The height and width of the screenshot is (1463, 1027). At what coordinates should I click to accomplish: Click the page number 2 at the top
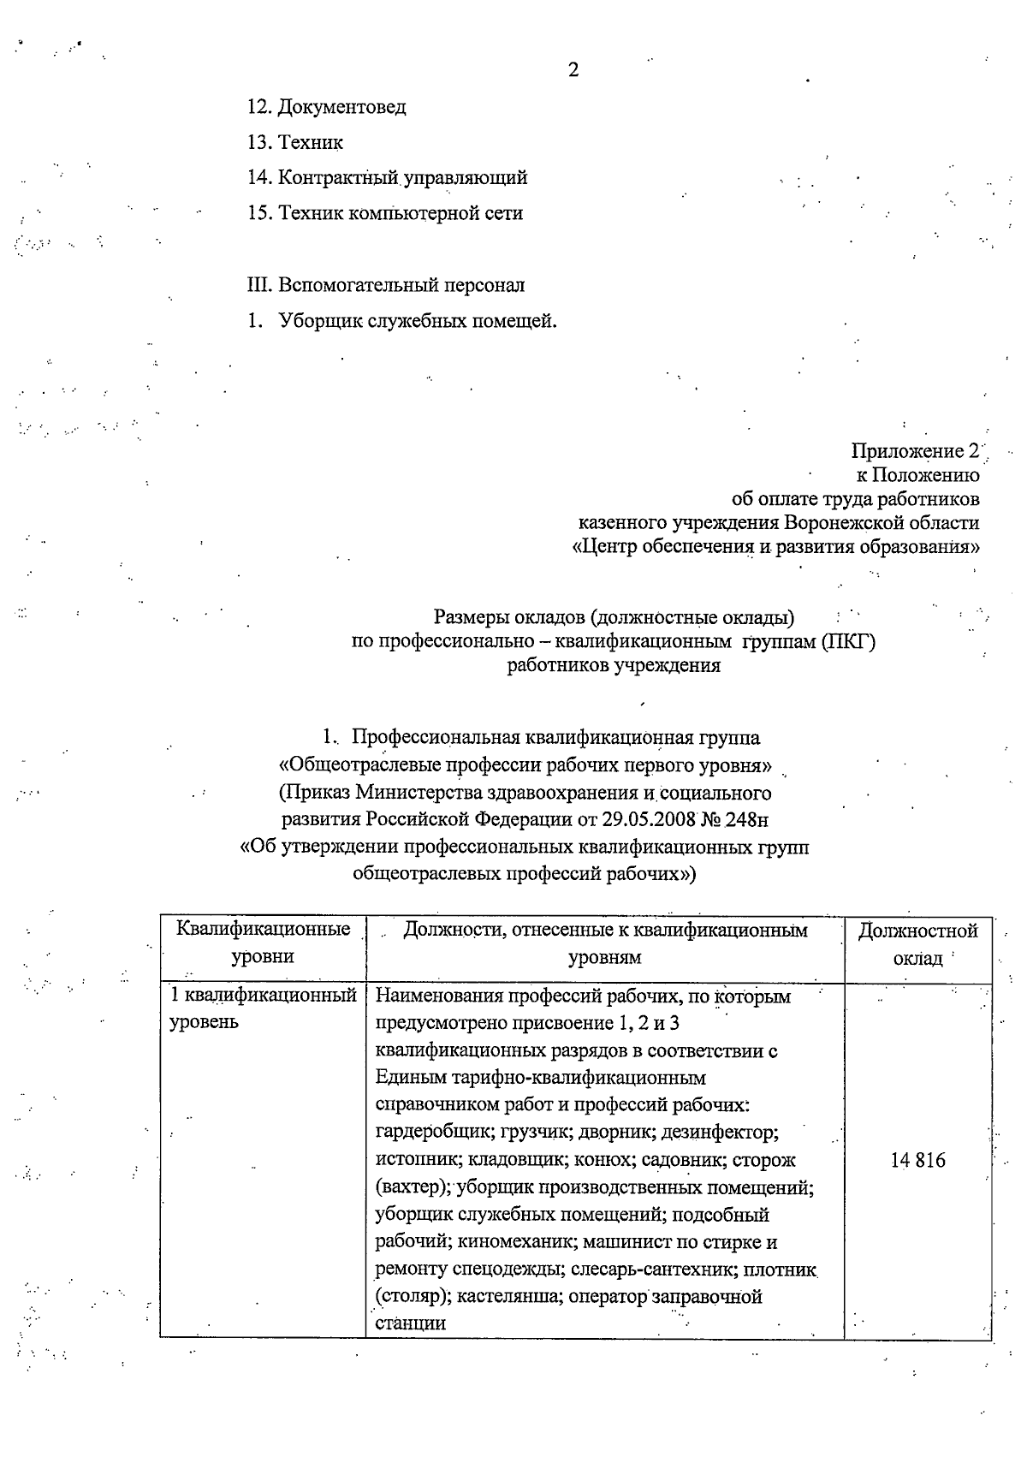[x=573, y=70]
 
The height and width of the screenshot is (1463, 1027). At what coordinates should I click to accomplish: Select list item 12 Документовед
[x=327, y=107]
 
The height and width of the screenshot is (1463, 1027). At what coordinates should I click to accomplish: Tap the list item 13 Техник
[x=295, y=142]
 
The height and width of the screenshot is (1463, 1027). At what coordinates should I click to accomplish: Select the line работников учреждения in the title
[x=614, y=665]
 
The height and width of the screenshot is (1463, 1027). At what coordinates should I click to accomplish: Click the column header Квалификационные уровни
[x=263, y=943]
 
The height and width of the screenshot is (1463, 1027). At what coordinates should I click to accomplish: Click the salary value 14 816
[x=917, y=1160]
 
